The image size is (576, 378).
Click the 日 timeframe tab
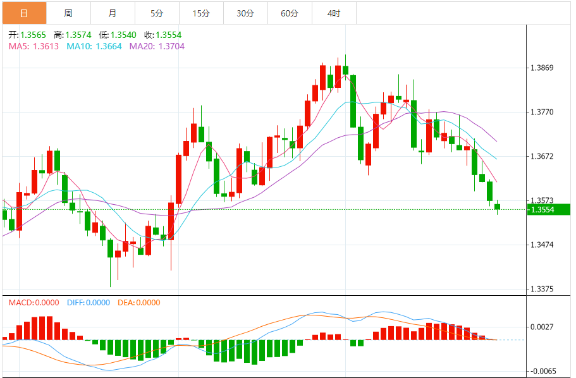click(x=23, y=13)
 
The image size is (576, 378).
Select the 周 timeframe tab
click(x=68, y=13)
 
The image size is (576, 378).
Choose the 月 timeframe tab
click(x=112, y=13)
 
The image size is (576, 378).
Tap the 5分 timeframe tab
click(x=156, y=13)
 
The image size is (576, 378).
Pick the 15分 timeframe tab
click(x=200, y=13)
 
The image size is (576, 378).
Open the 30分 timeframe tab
click(x=245, y=13)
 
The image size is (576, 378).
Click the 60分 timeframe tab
click(x=289, y=13)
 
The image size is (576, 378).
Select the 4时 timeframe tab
click(x=333, y=13)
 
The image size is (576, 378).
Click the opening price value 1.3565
click(x=32, y=35)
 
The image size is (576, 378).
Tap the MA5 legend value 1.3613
click(x=46, y=46)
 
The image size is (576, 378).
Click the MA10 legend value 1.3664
click(x=109, y=46)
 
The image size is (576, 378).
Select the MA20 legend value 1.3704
click(x=171, y=46)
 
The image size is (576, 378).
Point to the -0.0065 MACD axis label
click(x=544, y=371)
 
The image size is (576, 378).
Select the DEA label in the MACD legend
click(x=126, y=303)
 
